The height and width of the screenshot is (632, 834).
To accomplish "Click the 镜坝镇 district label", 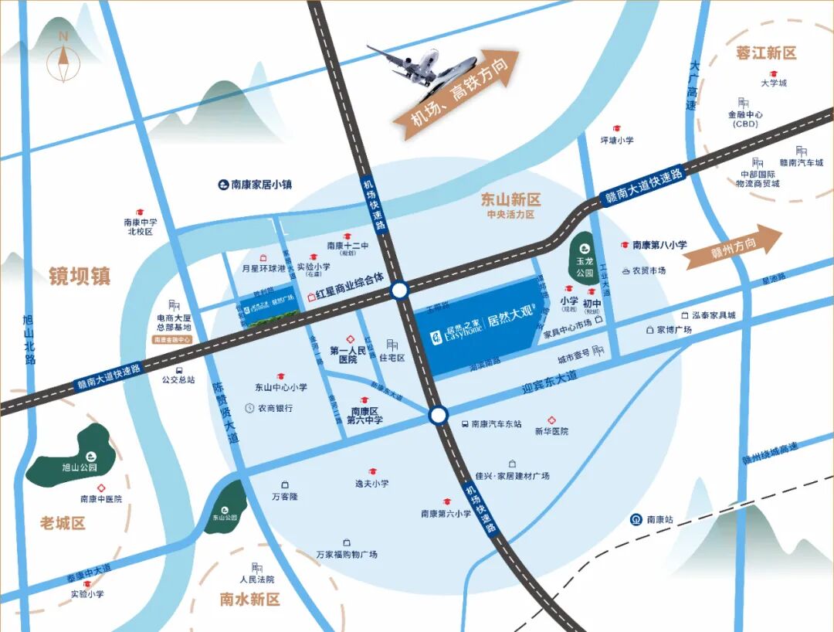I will coord(80,276).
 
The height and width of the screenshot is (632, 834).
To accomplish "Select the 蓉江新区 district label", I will coord(765,53).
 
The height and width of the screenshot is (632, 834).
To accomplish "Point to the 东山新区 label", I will coord(510,199).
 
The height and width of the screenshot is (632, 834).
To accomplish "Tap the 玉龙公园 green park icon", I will coord(584,250).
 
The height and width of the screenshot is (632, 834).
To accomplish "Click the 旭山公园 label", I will coord(80,467).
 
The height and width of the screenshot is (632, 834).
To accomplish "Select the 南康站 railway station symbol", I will coord(636,519).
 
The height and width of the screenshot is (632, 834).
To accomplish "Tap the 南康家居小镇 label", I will coord(255,185).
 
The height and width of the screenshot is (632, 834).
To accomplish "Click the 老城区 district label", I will coord(63,523).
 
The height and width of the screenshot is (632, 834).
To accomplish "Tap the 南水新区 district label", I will coord(249,600).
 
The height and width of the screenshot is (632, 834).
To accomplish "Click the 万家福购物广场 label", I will coord(347,555).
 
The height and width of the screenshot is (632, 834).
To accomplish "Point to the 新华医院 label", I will coord(551,431).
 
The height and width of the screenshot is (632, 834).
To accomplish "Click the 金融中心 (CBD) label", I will coord(745,118).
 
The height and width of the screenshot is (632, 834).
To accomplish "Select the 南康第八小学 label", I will coord(659,245).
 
